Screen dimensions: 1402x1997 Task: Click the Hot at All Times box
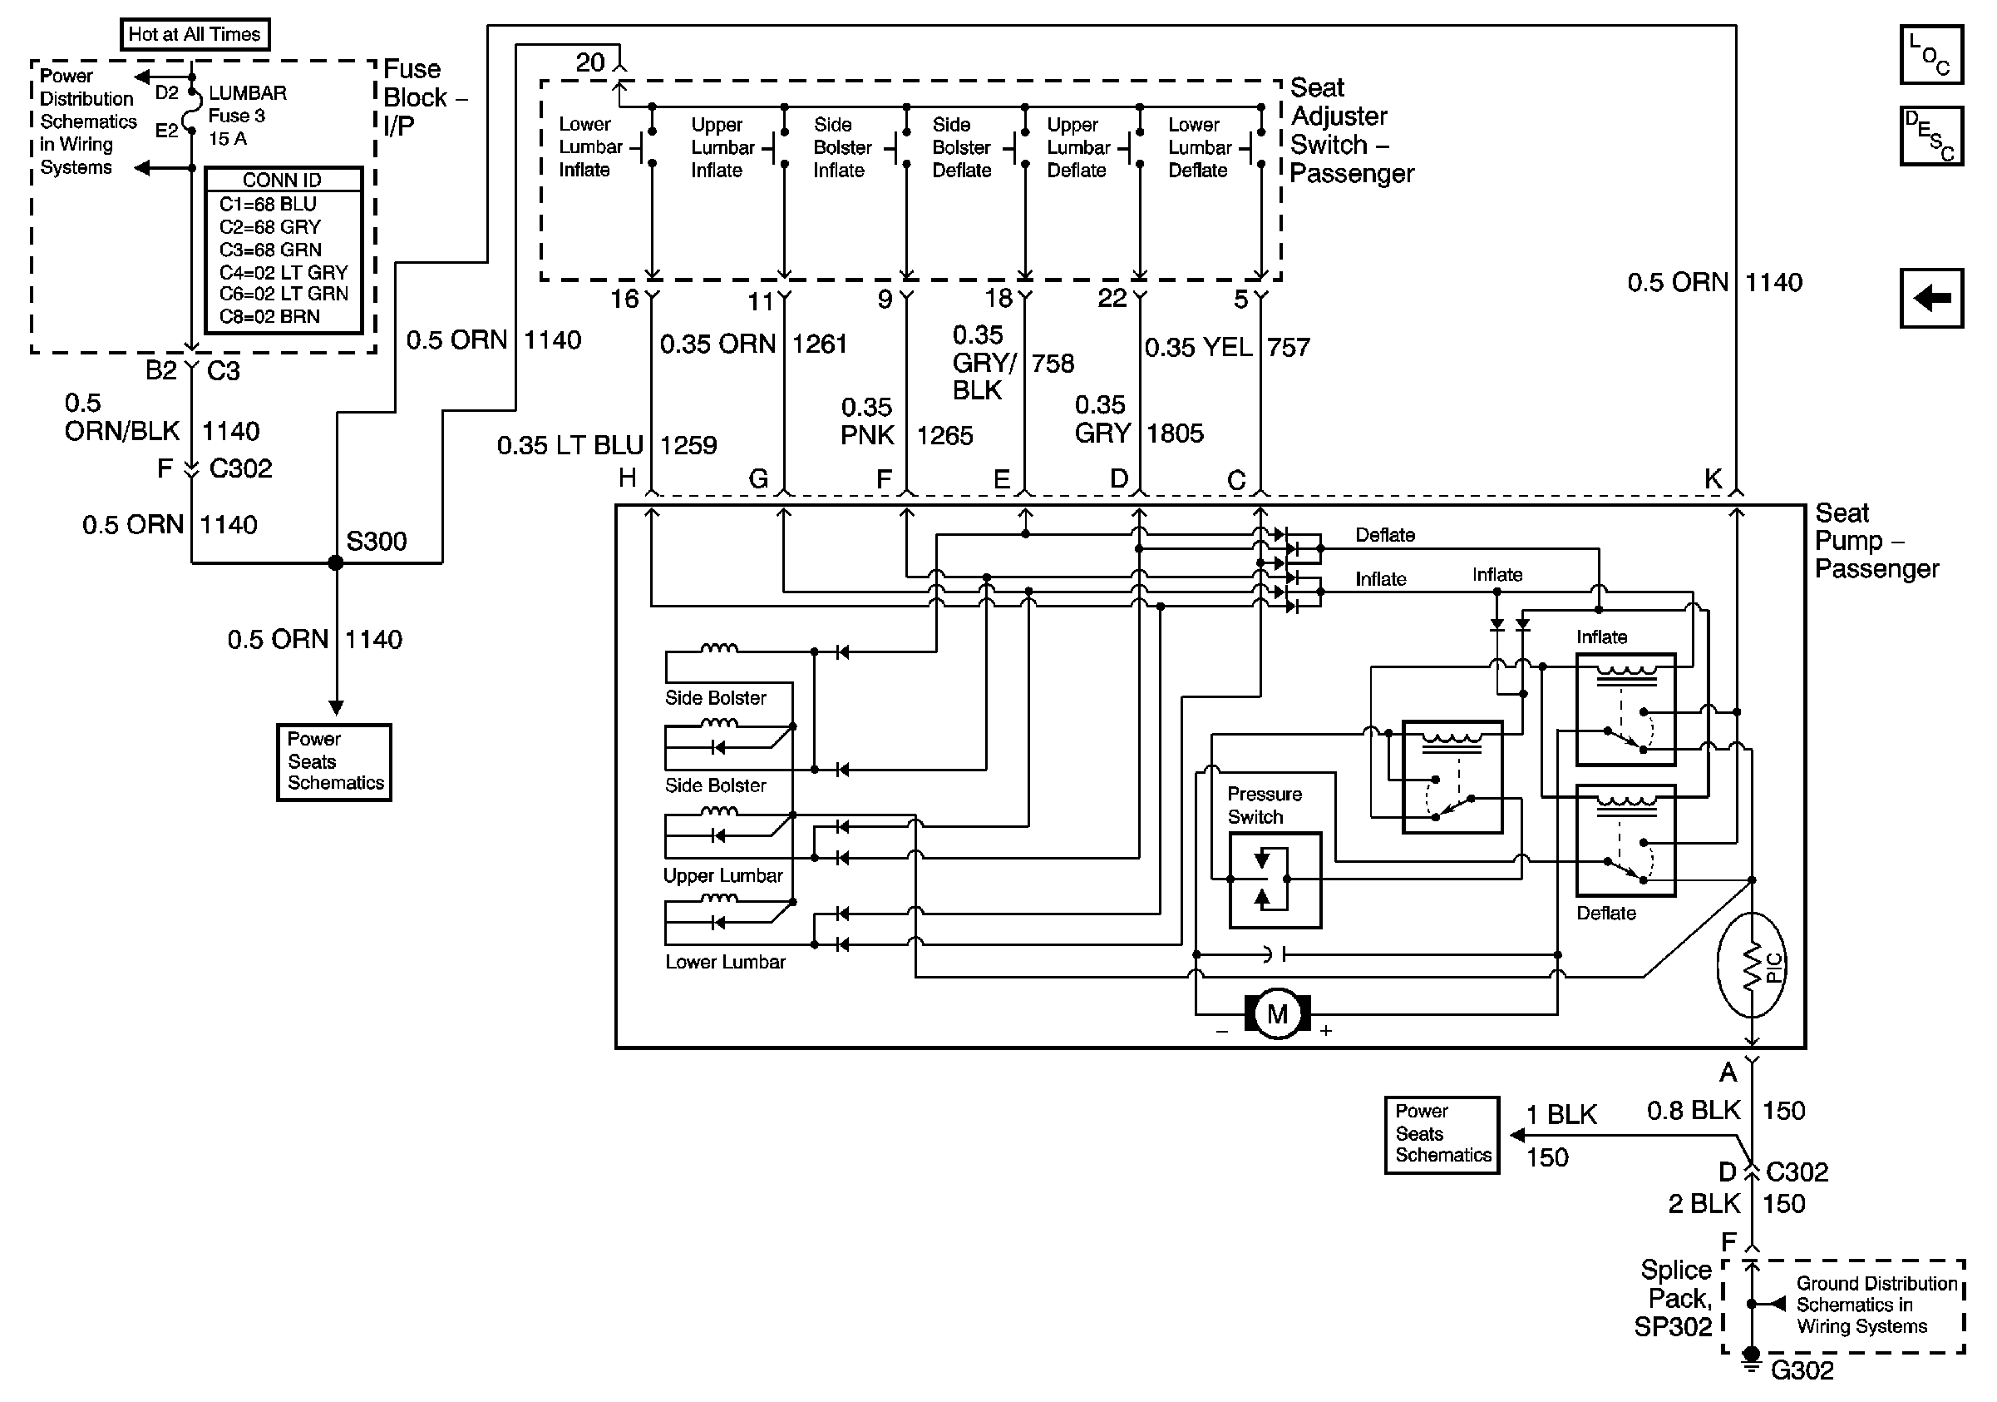point(194,35)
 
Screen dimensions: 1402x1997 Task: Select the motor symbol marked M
point(1277,1015)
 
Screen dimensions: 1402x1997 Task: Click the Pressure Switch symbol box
point(1275,879)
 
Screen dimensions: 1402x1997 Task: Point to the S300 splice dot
point(336,563)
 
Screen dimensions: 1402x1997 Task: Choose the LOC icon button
point(1930,55)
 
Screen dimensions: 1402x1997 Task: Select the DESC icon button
point(1930,136)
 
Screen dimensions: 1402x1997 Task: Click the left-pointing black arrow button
point(1930,299)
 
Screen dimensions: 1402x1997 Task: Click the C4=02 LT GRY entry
point(283,272)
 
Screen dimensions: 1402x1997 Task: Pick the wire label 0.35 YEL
point(1198,348)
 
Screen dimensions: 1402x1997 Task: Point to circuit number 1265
point(944,435)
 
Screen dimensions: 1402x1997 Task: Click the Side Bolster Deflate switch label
point(961,148)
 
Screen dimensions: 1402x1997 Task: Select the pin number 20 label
point(589,62)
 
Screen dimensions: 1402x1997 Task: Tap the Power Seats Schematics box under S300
point(334,761)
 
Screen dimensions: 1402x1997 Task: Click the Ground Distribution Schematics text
point(1876,1305)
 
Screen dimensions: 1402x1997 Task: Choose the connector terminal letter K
point(1712,478)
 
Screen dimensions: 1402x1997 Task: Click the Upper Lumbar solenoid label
point(722,875)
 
